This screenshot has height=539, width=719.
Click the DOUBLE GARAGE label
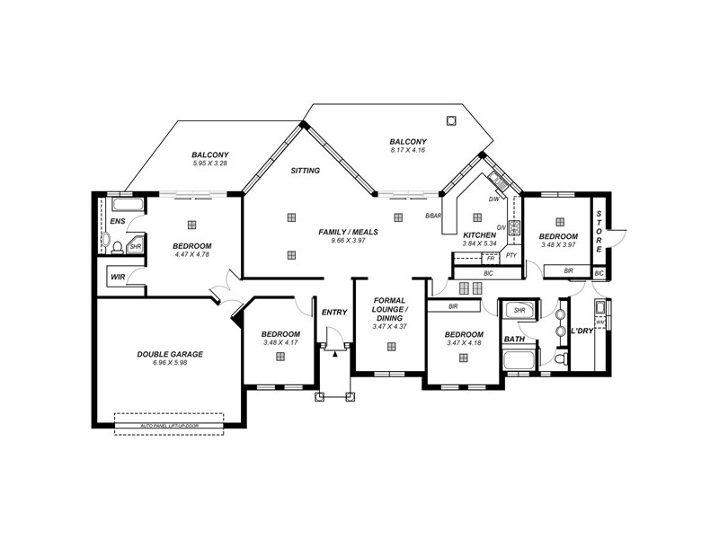click(170, 354)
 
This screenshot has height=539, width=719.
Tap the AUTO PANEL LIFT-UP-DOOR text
click(169, 425)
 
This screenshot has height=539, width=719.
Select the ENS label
click(118, 220)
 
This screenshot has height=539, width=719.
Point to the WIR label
click(118, 278)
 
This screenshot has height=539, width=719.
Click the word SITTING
click(306, 170)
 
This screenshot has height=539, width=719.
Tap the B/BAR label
click(433, 216)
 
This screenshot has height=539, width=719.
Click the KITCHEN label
click(479, 234)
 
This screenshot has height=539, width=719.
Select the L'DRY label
click(581, 331)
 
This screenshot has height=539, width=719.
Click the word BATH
click(514, 340)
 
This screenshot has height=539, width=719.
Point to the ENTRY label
click(333, 312)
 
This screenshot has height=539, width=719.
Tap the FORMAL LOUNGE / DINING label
click(389, 309)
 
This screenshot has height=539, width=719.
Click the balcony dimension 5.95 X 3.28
click(209, 163)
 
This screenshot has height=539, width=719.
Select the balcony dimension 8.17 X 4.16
click(407, 150)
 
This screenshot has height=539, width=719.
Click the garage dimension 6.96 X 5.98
click(170, 363)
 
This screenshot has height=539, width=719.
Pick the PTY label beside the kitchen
click(510, 255)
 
